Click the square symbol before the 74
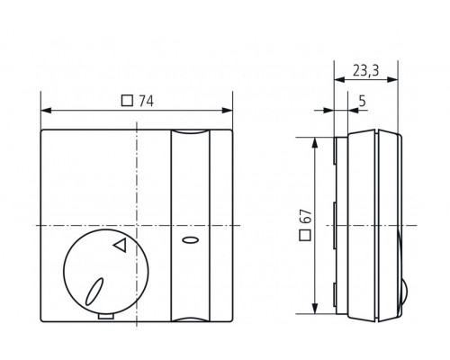click(127, 101)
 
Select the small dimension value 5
click(360, 101)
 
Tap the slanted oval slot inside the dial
click(94, 291)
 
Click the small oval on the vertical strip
click(189, 241)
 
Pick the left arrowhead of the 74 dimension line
click(47, 110)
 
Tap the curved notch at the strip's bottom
click(189, 317)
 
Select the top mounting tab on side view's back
click(336, 151)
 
